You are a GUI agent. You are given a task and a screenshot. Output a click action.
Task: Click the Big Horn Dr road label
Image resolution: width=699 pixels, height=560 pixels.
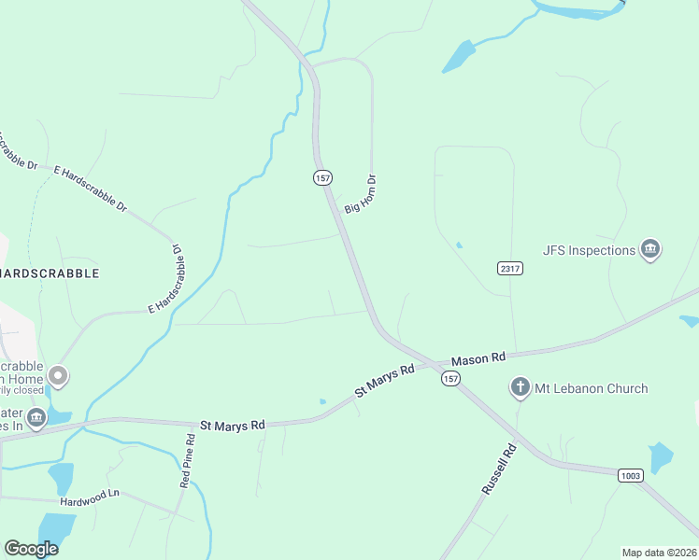coord(360,194)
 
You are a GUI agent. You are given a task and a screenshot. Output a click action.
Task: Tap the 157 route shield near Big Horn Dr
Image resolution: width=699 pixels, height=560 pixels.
coord(322,177)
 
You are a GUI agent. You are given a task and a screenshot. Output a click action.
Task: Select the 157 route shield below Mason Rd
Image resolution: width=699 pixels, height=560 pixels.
coord(451,378)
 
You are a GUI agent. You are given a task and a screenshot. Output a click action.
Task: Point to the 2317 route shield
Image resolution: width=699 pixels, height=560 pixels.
coord(509,269)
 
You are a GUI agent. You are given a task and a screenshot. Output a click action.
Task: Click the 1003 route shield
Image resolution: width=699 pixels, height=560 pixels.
coord(631,476)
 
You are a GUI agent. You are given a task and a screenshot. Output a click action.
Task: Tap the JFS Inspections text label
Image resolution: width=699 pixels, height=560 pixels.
coord(589,250)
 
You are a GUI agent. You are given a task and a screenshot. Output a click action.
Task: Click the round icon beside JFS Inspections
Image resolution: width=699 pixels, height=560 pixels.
coord(650,249)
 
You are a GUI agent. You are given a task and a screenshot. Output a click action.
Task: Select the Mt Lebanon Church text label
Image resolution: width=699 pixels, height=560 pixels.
coord(591,388)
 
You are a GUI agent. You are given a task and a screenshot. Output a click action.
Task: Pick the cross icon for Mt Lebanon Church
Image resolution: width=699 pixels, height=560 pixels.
coord(521,387)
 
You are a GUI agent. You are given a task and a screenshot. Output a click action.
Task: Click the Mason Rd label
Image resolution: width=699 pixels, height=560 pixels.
coord(478,358)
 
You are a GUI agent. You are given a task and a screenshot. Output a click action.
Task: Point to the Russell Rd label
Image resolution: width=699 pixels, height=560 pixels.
coord(499,469)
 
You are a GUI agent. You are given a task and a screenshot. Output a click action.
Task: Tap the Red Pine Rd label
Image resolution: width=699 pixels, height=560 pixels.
coord(187,461)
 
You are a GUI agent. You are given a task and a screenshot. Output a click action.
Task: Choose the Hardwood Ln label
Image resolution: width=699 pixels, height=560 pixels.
coord(90,494)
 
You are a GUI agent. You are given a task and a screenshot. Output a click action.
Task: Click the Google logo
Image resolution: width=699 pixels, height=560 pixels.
coord(33,549)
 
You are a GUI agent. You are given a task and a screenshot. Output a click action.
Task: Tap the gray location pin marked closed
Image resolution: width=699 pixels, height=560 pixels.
coord(58,376)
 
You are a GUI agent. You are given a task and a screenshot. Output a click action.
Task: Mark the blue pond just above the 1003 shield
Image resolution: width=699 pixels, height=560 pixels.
coord(661,456)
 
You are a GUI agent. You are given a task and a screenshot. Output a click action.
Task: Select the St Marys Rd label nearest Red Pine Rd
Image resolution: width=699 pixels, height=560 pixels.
coord(233,425)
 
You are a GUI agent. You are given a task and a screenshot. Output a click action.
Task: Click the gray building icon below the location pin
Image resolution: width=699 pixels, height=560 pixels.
coord(36,417)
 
